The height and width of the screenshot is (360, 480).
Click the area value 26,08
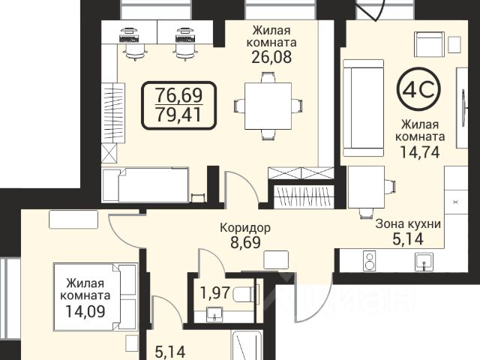click(271, 57)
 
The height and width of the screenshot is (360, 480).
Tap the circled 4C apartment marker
click(418, 89)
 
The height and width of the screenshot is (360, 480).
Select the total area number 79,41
click(178, 115)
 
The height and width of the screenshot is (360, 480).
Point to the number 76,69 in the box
click(178, 95)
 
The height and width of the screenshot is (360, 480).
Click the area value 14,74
click(420, 151)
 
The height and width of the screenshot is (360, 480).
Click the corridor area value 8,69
click(245, 242)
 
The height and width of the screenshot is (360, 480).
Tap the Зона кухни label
click(408, 224)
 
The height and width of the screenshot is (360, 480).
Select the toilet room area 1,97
click(215, 292)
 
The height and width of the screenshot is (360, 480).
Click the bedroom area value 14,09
click(85, 311)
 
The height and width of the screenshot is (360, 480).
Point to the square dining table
click(268, 106)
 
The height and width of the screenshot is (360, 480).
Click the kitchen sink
click(424, 262)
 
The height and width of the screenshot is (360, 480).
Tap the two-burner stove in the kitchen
click(370, 260)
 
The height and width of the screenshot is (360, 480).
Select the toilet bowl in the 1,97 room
click(246, 295)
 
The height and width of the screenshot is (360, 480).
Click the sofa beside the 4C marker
click(363, 108)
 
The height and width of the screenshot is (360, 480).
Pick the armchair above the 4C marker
click(429, 44)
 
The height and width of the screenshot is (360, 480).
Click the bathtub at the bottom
click(247, 345)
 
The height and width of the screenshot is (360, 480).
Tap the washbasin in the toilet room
click(215, 315)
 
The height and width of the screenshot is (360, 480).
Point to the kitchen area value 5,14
click(408, 239)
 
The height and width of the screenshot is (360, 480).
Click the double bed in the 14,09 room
click(95, 297)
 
